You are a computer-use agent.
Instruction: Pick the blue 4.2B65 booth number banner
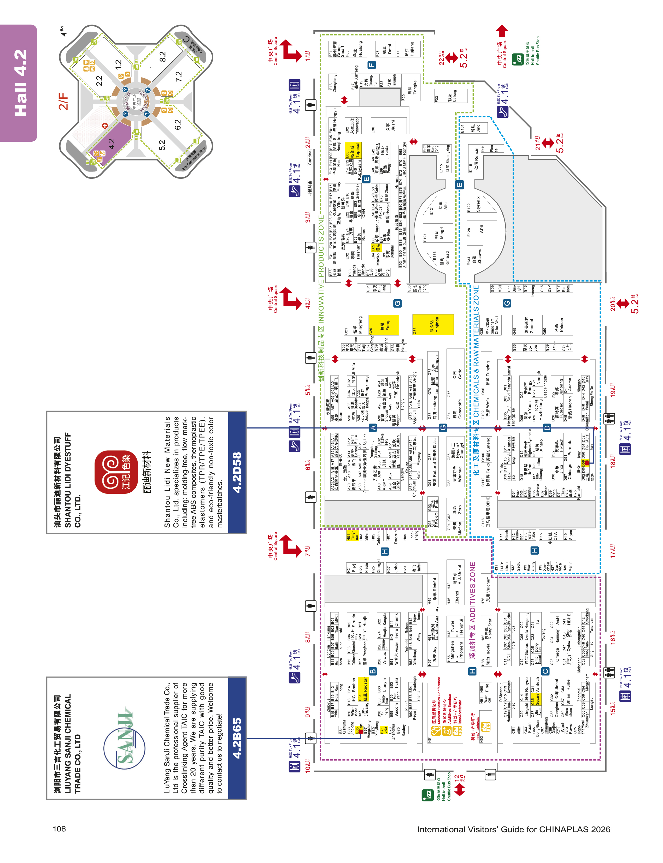[x=237, y=737]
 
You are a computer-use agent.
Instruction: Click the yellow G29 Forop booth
[x=384, y=325]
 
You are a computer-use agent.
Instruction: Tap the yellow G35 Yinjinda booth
[x=433, y=325]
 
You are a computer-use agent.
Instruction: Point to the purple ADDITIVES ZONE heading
[x=472, y=592]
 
